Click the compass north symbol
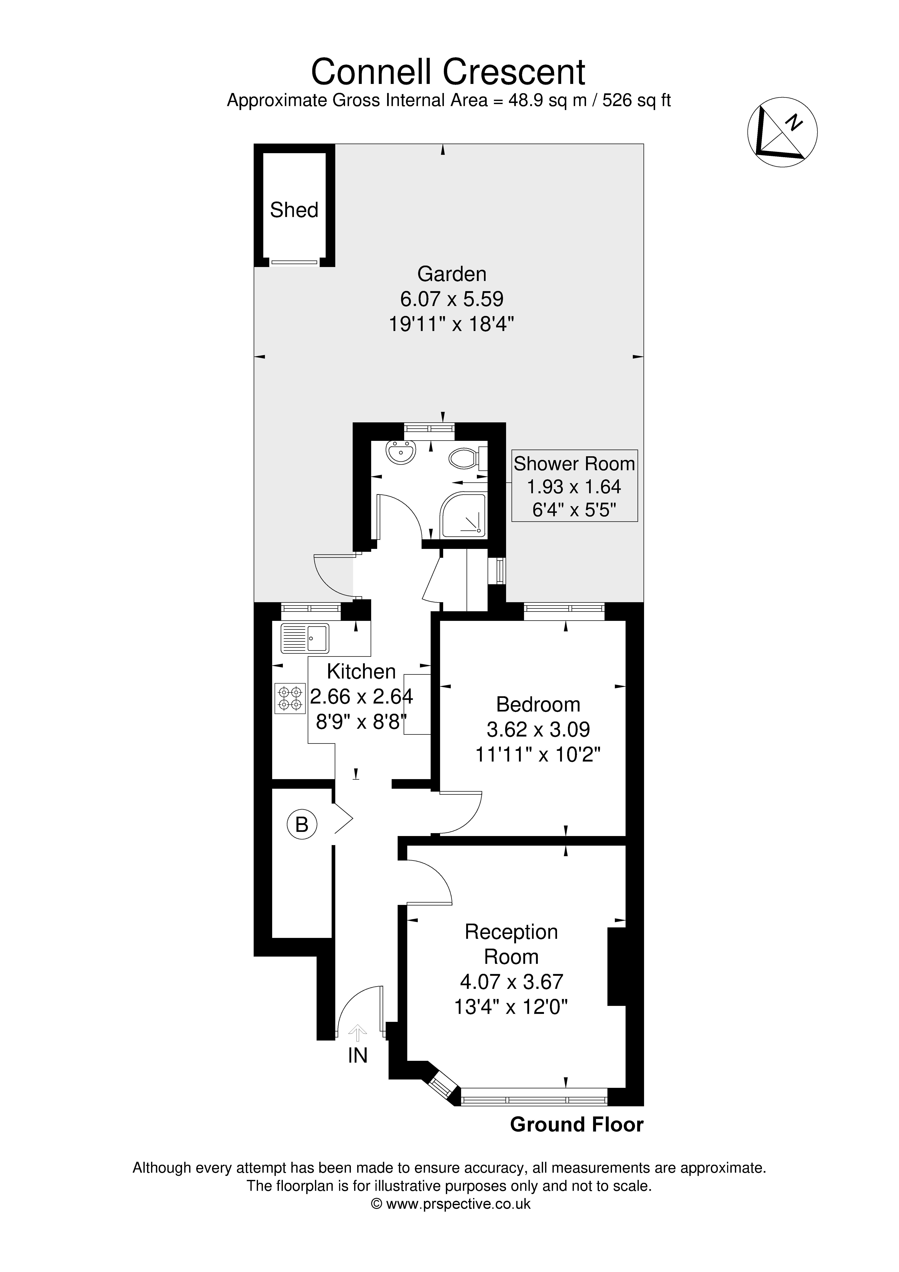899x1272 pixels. tap(783, 132)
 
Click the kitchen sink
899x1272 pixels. tap(305, 638)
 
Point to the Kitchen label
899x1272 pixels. tap(361, 671)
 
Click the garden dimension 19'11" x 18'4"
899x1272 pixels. tap(452, 324)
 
